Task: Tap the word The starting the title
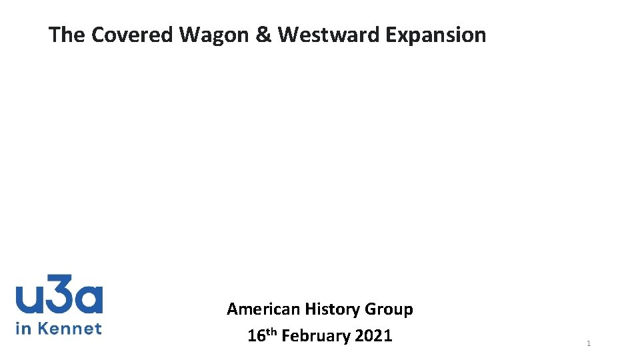click(67, 35)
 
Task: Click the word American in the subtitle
click(263, 309)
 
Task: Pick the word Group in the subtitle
click(389, 310)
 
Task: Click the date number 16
click(256, 336)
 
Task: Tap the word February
click(316, 336)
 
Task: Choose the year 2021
click(374, 336)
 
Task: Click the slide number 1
click(589, 343)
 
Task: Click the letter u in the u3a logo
click(29, 298)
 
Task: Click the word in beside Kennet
click(23, 328)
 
